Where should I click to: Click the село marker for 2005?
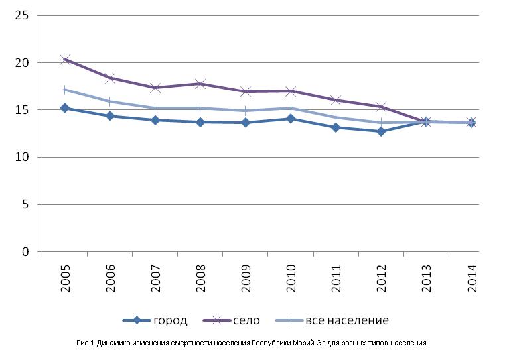[65, 60]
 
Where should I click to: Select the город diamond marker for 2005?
[65, 107]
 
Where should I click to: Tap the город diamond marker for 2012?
[381, 131]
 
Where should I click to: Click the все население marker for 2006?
[110, 101]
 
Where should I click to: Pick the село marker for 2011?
[336, 100]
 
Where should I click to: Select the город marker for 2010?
[291, 119]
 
